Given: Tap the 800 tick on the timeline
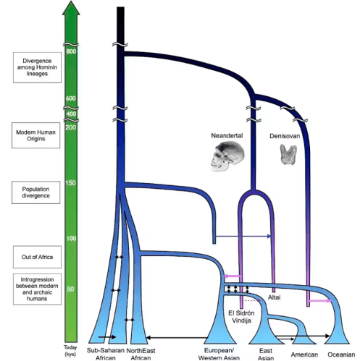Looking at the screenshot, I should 70,51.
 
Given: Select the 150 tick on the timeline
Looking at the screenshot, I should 70,182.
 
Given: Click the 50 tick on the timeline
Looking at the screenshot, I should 70,289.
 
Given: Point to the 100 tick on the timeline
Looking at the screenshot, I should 70,238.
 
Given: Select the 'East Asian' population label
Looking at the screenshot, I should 265,354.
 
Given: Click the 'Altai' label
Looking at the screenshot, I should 275,297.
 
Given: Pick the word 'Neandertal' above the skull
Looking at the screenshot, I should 228,135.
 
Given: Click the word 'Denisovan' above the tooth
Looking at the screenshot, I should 293,135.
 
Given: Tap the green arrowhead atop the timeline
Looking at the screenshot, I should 70,9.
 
